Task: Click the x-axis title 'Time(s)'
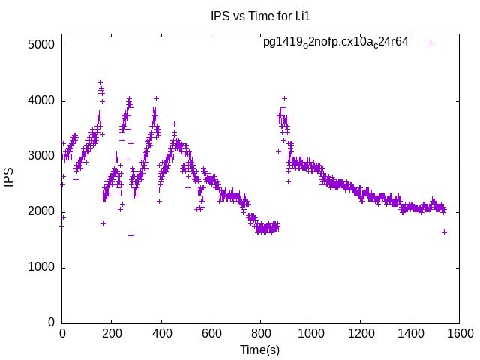[x=259, y=349]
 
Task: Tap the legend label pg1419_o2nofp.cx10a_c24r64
[x=336, y=42]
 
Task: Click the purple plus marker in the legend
[x=430, y=43]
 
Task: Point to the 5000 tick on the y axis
[x=41, y=45]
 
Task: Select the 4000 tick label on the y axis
[x=41, y=100]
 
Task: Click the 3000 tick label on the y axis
[x=41, y=156]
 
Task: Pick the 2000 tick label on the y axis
[x=41, y=211]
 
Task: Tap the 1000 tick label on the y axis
[x=41, y=267]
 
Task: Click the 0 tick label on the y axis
[x=50, y=322]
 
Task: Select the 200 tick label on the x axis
[x=112, y=334]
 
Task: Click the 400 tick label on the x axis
[x=161, y=334]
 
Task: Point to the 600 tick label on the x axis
[x=211, y=334]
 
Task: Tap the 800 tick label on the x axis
[x=261, y=334]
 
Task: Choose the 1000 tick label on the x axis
[x=310, y=334]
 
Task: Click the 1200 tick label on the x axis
[x=360, y=334]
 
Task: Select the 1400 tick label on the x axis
[x=409, y=334]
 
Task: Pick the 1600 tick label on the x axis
[x=459, y=334]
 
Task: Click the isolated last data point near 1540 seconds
[x=444, y=232]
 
